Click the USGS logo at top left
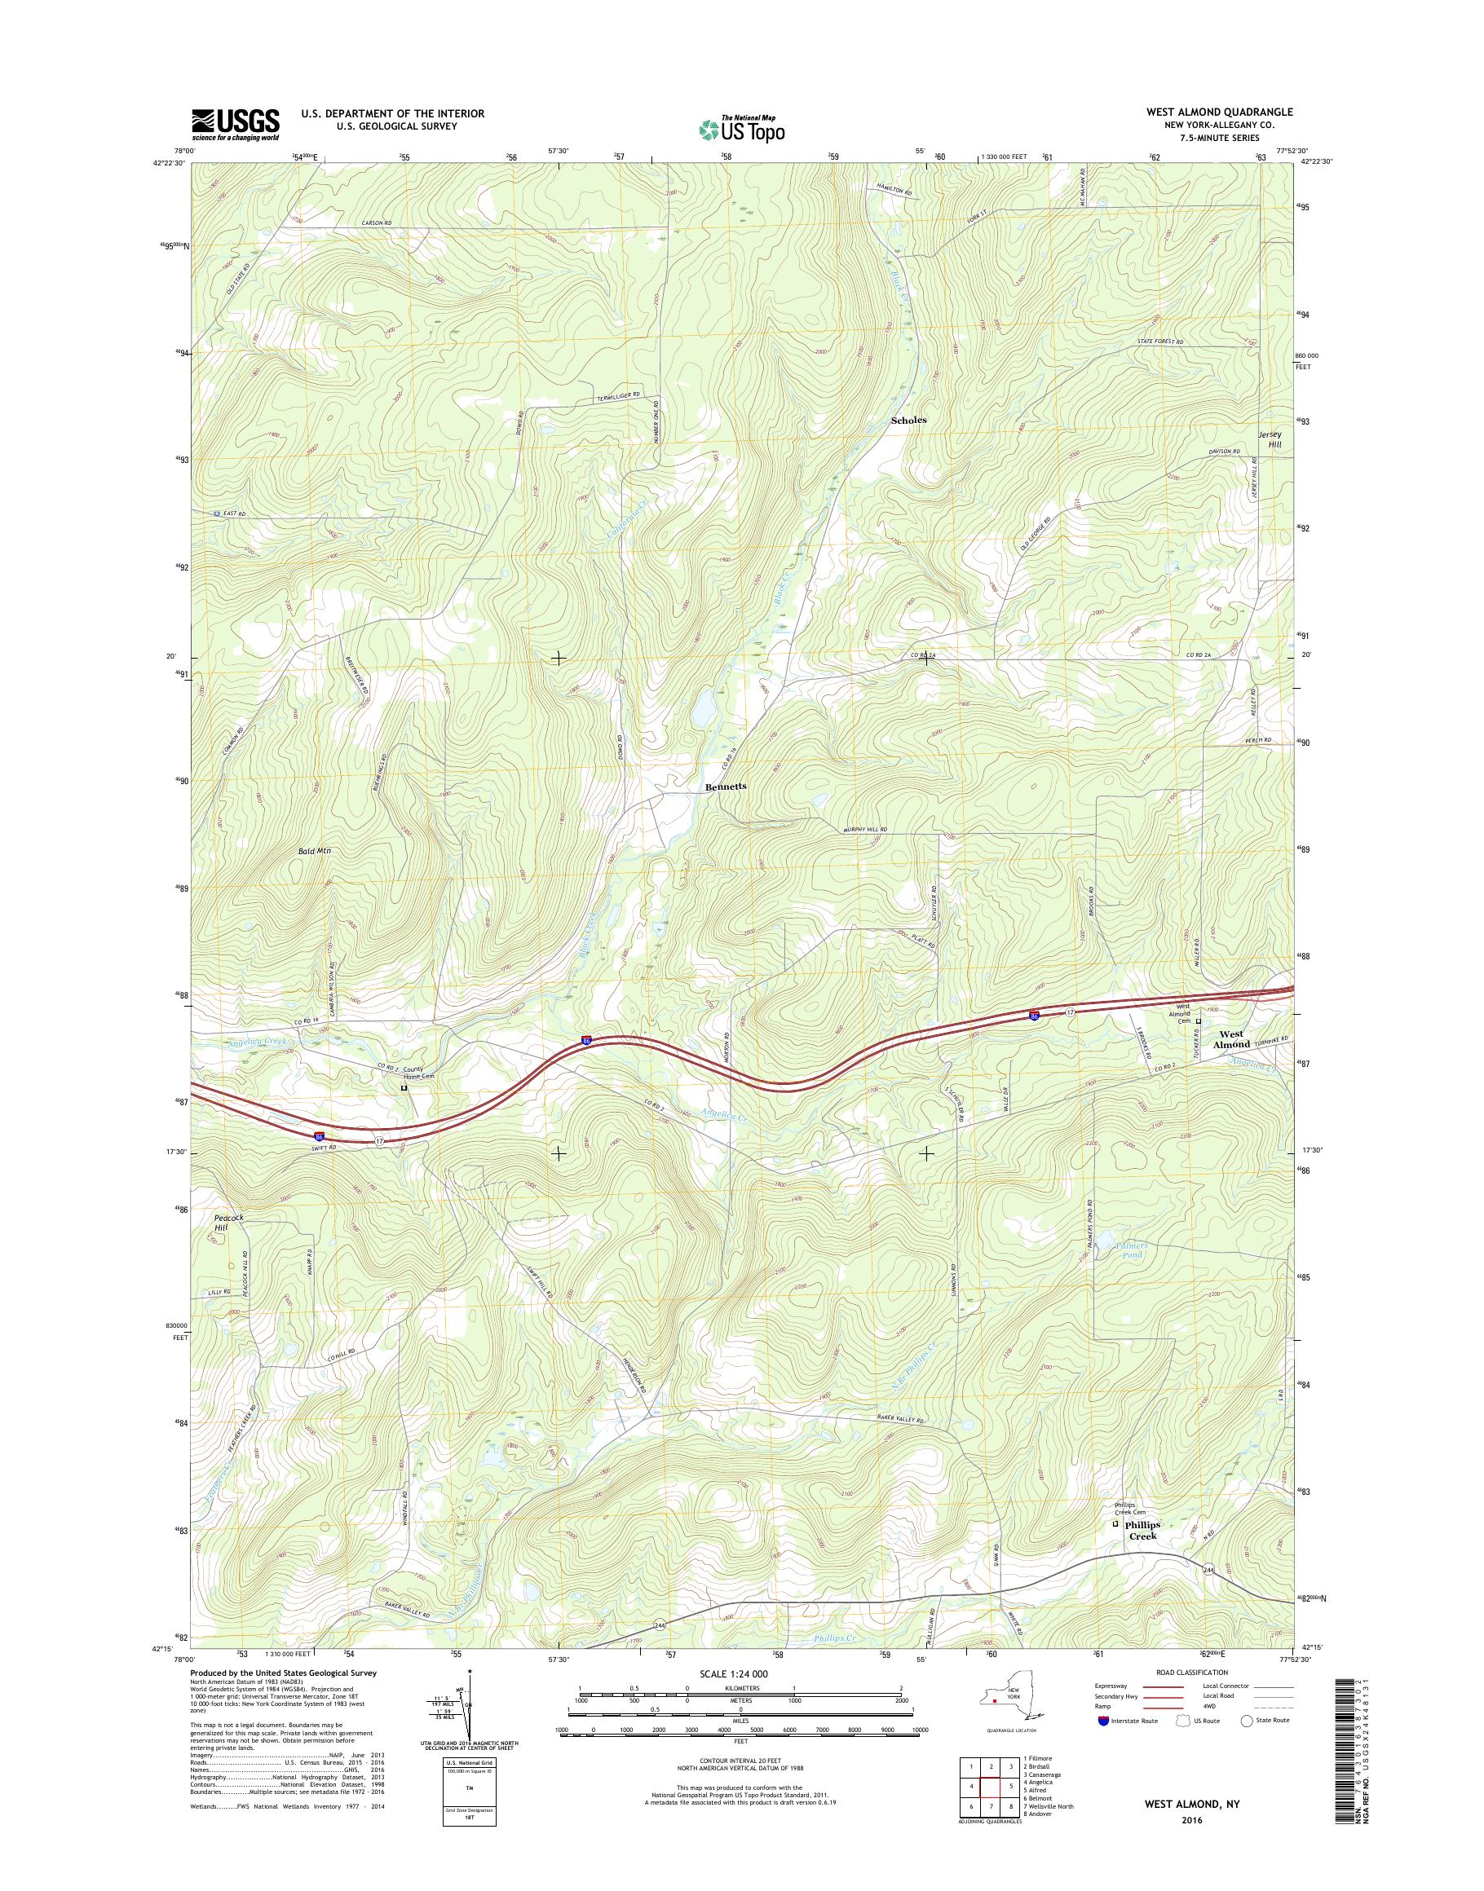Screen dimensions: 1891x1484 coord(236,124)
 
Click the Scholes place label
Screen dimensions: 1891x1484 coord(909,420)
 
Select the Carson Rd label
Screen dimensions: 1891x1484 coord(376,224)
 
